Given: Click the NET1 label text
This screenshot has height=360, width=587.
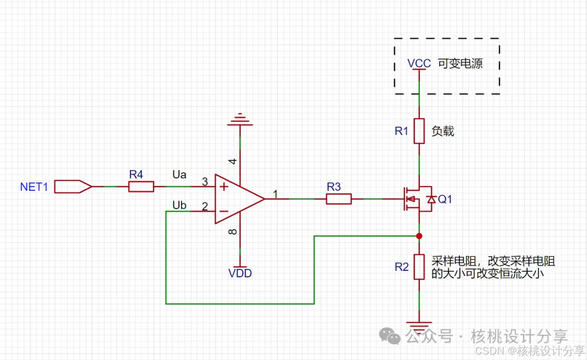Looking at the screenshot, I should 34,187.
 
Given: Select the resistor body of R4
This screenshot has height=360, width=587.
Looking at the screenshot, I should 141,187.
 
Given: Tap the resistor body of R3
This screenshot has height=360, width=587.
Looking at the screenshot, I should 339,199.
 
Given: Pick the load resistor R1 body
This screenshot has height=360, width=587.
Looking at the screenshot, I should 419,131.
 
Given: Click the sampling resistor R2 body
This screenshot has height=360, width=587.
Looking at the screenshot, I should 419,266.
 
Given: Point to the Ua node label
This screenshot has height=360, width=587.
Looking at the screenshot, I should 179,175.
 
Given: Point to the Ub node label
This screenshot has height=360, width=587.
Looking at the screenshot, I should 179,205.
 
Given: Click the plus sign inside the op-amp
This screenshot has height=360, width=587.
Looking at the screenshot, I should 223,187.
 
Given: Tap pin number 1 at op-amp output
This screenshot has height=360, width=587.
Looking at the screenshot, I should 276,194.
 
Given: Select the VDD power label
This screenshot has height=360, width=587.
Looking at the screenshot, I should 240,274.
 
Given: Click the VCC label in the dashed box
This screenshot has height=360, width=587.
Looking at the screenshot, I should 419,63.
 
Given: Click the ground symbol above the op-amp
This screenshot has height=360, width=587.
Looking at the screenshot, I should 240,120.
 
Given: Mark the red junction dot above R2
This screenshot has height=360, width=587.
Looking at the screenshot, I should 419,236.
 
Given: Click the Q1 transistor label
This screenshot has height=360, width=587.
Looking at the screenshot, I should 445,200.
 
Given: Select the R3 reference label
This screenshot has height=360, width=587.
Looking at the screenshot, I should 334,187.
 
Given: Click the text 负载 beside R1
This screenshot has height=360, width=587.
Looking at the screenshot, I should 442,131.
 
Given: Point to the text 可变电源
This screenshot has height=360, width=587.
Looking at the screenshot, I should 460,63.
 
